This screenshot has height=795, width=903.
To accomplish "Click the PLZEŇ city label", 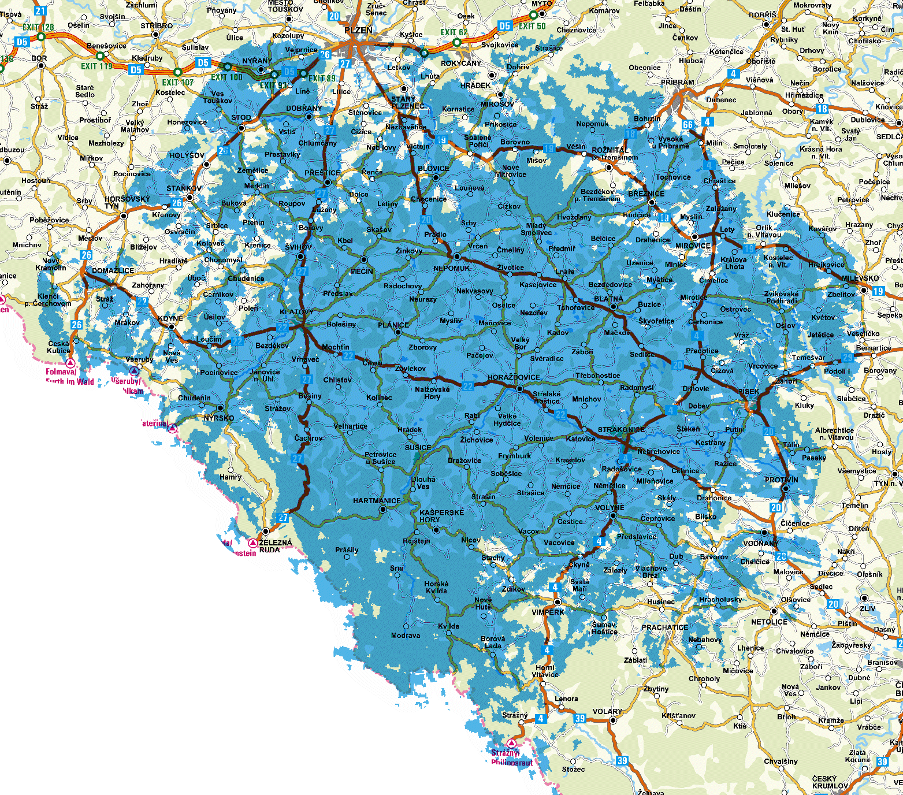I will click(x=358, y=31).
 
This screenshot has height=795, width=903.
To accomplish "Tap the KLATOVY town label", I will click(x=296, y=312).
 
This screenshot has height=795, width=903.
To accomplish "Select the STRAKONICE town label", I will click(x=621, y=430).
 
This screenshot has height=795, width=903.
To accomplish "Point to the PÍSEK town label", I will click(x=749, y=392).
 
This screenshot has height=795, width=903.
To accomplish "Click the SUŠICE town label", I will click(x=418, y=448).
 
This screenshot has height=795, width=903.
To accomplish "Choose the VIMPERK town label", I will click(x=548, y=612).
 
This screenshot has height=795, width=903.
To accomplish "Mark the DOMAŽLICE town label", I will click(x=113, y=271).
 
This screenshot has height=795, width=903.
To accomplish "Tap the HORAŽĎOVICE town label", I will click(x=514, y=377).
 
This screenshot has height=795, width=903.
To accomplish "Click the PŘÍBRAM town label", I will click(x=678, y=83).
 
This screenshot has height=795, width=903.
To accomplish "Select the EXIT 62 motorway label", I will click(x=454, y=32).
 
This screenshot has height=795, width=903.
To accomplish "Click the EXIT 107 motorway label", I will click(x=177, y=82).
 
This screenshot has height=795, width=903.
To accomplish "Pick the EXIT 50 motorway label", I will click(x=532, y=26).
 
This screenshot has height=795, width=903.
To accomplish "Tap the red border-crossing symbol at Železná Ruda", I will click(x=253, y=543).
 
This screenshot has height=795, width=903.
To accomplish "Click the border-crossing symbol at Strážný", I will click(x=511, y=743).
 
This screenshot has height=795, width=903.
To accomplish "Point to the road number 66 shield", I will click(x=688, y=125).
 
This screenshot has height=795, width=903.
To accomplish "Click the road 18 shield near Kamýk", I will click(x=822, y=109).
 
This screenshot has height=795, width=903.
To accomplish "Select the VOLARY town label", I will click(x=607, y=712).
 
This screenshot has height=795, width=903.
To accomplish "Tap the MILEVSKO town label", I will click(x=860, y=278).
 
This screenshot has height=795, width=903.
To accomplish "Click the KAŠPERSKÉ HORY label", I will click(x=441, y=516).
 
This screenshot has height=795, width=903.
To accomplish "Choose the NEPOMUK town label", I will click(x=452, y=268).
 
